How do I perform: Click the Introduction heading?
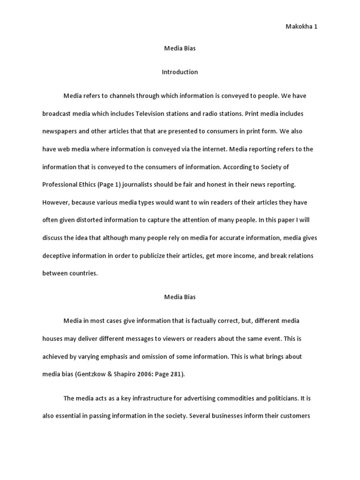180,72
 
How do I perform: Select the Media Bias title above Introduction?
180,49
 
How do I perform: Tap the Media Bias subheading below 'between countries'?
180,297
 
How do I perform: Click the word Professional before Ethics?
62,185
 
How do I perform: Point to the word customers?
295,416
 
